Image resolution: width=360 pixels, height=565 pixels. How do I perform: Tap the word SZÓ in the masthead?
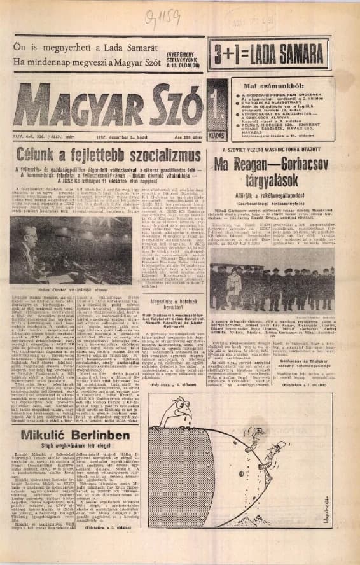point(174,105)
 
